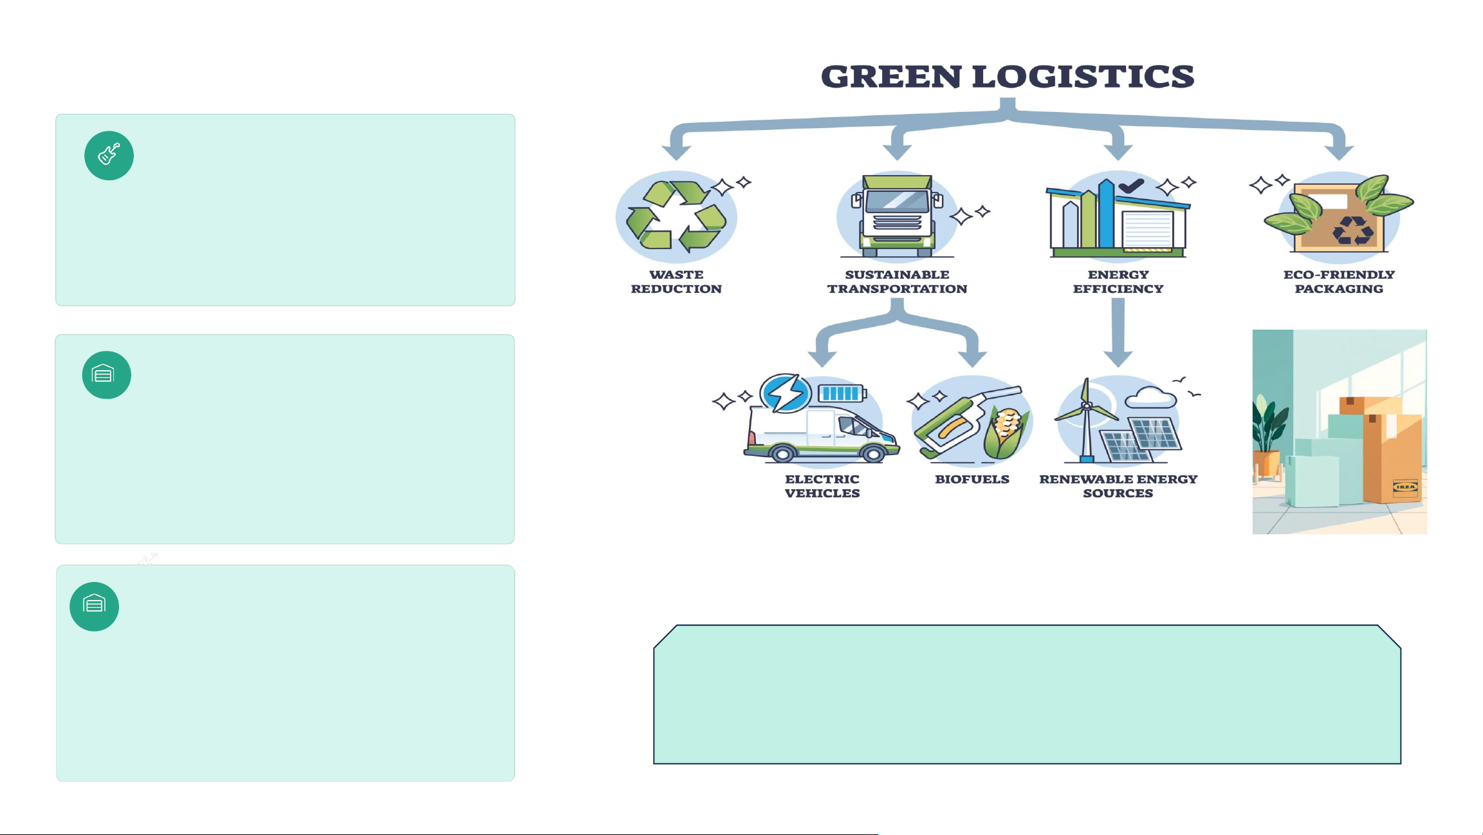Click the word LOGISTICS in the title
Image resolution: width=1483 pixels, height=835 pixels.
coord(1083,77)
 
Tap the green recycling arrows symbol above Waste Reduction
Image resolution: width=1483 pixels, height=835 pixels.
coord(676,216)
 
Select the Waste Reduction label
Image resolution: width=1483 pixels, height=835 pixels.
coord(676,282)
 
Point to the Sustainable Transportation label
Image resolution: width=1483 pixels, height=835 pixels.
coord(897,282)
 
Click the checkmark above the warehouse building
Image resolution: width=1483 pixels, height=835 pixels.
coord(1131,185)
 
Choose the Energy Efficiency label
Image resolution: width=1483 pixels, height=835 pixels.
coord(1118,282)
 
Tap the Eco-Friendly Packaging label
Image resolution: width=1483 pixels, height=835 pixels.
coord(1339,282)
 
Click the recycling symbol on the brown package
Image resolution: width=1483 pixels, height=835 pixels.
coord(1352,230)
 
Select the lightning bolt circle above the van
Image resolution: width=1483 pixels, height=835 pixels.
coord(785,393)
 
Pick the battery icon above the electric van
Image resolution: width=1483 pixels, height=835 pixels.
coord(842,393)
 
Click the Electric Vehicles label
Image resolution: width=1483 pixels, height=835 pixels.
coord(822,486)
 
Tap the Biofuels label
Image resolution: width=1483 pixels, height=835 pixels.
coord(972,480)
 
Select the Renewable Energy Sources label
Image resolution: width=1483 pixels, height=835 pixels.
coord(1118,486)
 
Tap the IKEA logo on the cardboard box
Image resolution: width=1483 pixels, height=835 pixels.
coord(1405,487)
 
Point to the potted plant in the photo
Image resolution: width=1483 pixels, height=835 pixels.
coord(1266,438)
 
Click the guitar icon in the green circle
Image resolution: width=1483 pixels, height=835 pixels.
coord(109,155)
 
